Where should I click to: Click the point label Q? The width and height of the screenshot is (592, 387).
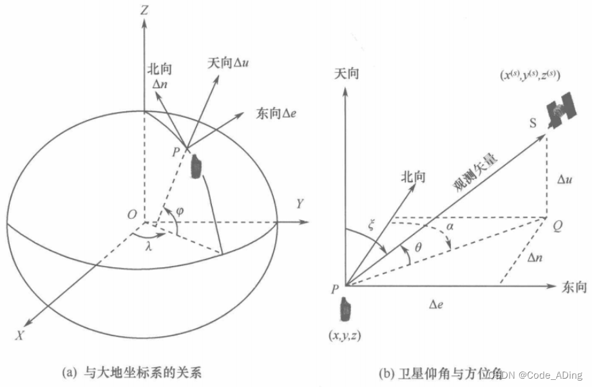pos(558,225)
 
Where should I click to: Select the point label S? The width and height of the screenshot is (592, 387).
pos(533,123)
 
